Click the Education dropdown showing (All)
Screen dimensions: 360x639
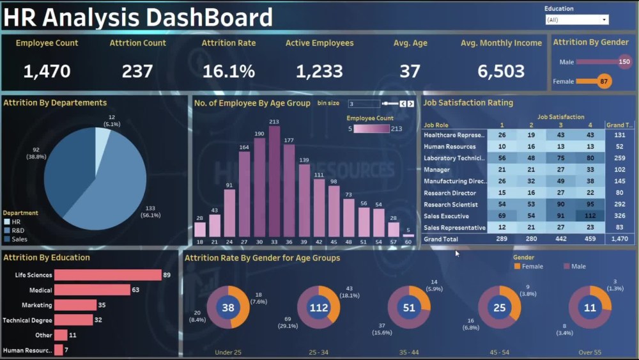(576, 20)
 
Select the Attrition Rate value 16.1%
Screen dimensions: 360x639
(228, 71)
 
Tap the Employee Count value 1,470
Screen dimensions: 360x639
(47, 71)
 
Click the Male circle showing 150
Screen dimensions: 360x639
(624, 62)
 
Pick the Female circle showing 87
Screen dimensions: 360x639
(604, 81)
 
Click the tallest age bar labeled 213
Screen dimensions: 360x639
(274, 182)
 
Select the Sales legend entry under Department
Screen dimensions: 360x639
(19, 239)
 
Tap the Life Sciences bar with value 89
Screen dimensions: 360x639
(107, 275)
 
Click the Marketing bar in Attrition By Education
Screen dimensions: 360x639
(75, 305)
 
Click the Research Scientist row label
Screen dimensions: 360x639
(450, 205)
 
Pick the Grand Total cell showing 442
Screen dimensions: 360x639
(560, 239)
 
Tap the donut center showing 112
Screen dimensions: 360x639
(318, 308)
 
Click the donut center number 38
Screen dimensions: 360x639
(228, 308)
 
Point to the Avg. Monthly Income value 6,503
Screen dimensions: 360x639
(500, 71)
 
